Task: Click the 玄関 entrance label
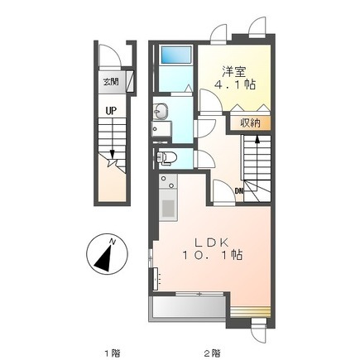coord(111,82)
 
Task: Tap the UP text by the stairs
coord(111,111)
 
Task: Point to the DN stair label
coord(238,190)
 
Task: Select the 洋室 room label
coord(234,72)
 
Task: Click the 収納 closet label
coord(250,122)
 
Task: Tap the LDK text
coord(212,243)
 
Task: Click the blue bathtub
coord(176,55)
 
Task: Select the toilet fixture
coord(166,158)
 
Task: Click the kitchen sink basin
coord(168,209)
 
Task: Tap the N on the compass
coord(112,242)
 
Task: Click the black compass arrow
coord(105,258)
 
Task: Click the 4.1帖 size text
coord(235,84)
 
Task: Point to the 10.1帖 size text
coord(212,255)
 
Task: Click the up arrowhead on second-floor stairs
coord(257,139)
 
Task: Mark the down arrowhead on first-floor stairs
coord(113,154)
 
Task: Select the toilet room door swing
coord(204,159)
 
